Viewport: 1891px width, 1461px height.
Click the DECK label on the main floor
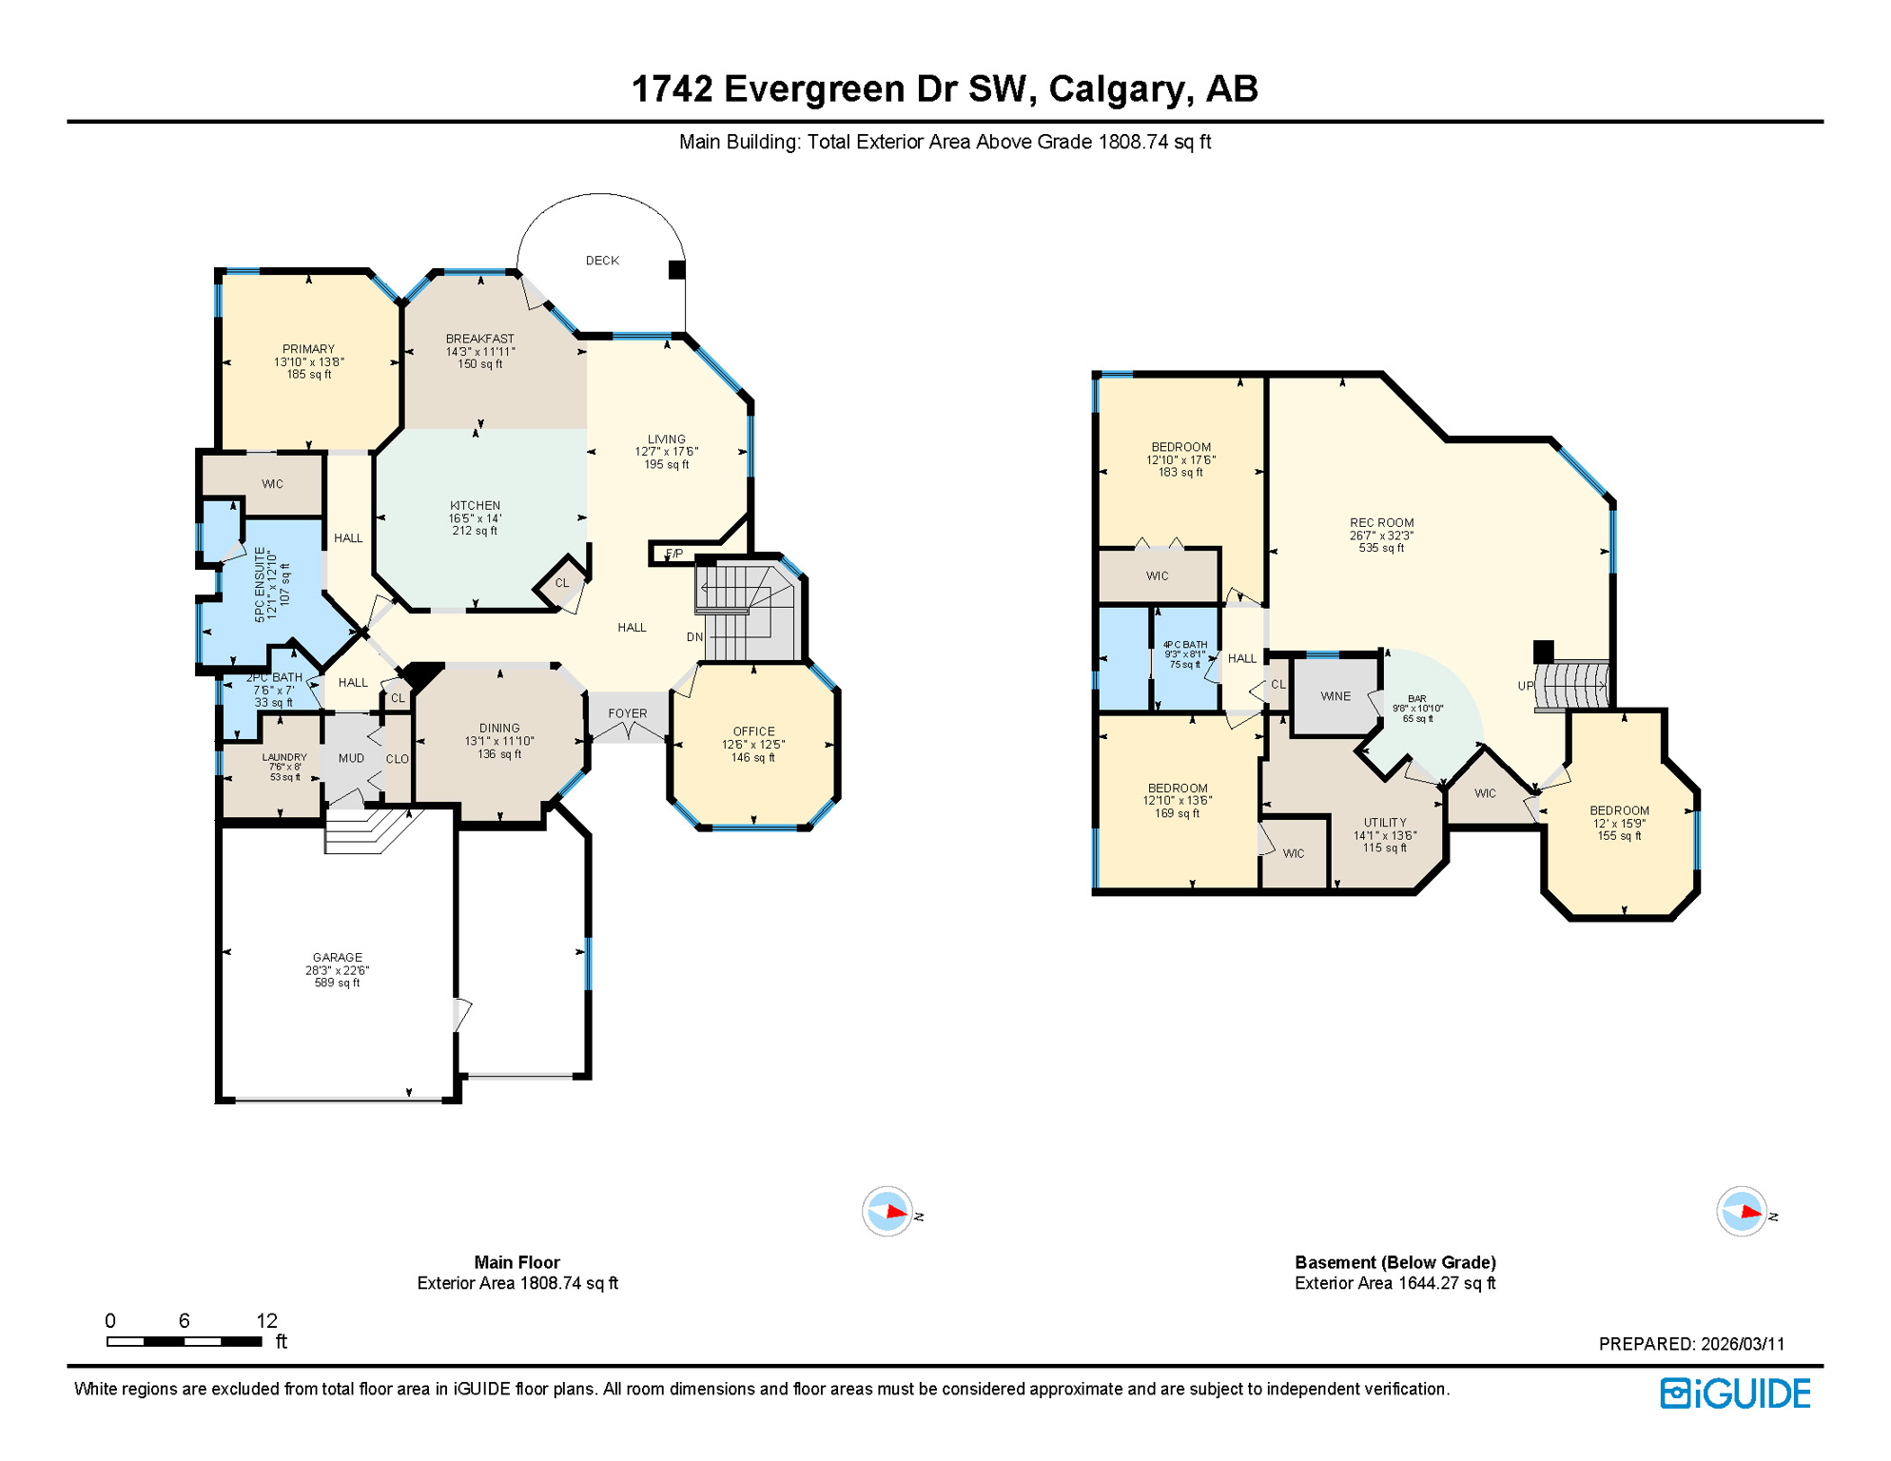(x=602, y=261)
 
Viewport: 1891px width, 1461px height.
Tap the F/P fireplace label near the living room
(x=673, y=554)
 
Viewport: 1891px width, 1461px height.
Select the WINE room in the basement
(x=1335, y=696)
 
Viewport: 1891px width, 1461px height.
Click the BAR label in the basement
(x=1417, y=699)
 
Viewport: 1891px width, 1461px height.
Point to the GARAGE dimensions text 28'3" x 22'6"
(x=337, y=971)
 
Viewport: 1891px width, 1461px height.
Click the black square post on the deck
(x=677, y=270)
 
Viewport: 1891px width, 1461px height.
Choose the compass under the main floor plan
(x=887, y=1212)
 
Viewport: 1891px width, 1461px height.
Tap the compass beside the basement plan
(x=1742, y=1212)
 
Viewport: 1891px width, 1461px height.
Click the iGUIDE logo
(x=1735, y=1394)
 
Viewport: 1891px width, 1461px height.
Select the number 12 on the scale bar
(x=267, y=1320)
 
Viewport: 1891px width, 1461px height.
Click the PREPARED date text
(x=1691, y=1344)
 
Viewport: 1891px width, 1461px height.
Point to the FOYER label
(x=628, y=713)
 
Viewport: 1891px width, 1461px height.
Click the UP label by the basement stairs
(x=1526, y=686)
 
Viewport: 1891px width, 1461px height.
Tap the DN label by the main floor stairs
(x=695, y=637)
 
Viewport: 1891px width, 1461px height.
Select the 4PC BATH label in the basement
(x=1185, y=645)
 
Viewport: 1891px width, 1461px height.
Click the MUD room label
(x=351, y=758)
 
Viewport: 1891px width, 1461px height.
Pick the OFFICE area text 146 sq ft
(x=753, y=758)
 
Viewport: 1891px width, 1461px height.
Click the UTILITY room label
(x=1385, y=823)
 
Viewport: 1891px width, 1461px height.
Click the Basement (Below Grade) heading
(x=1395, y=1262)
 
